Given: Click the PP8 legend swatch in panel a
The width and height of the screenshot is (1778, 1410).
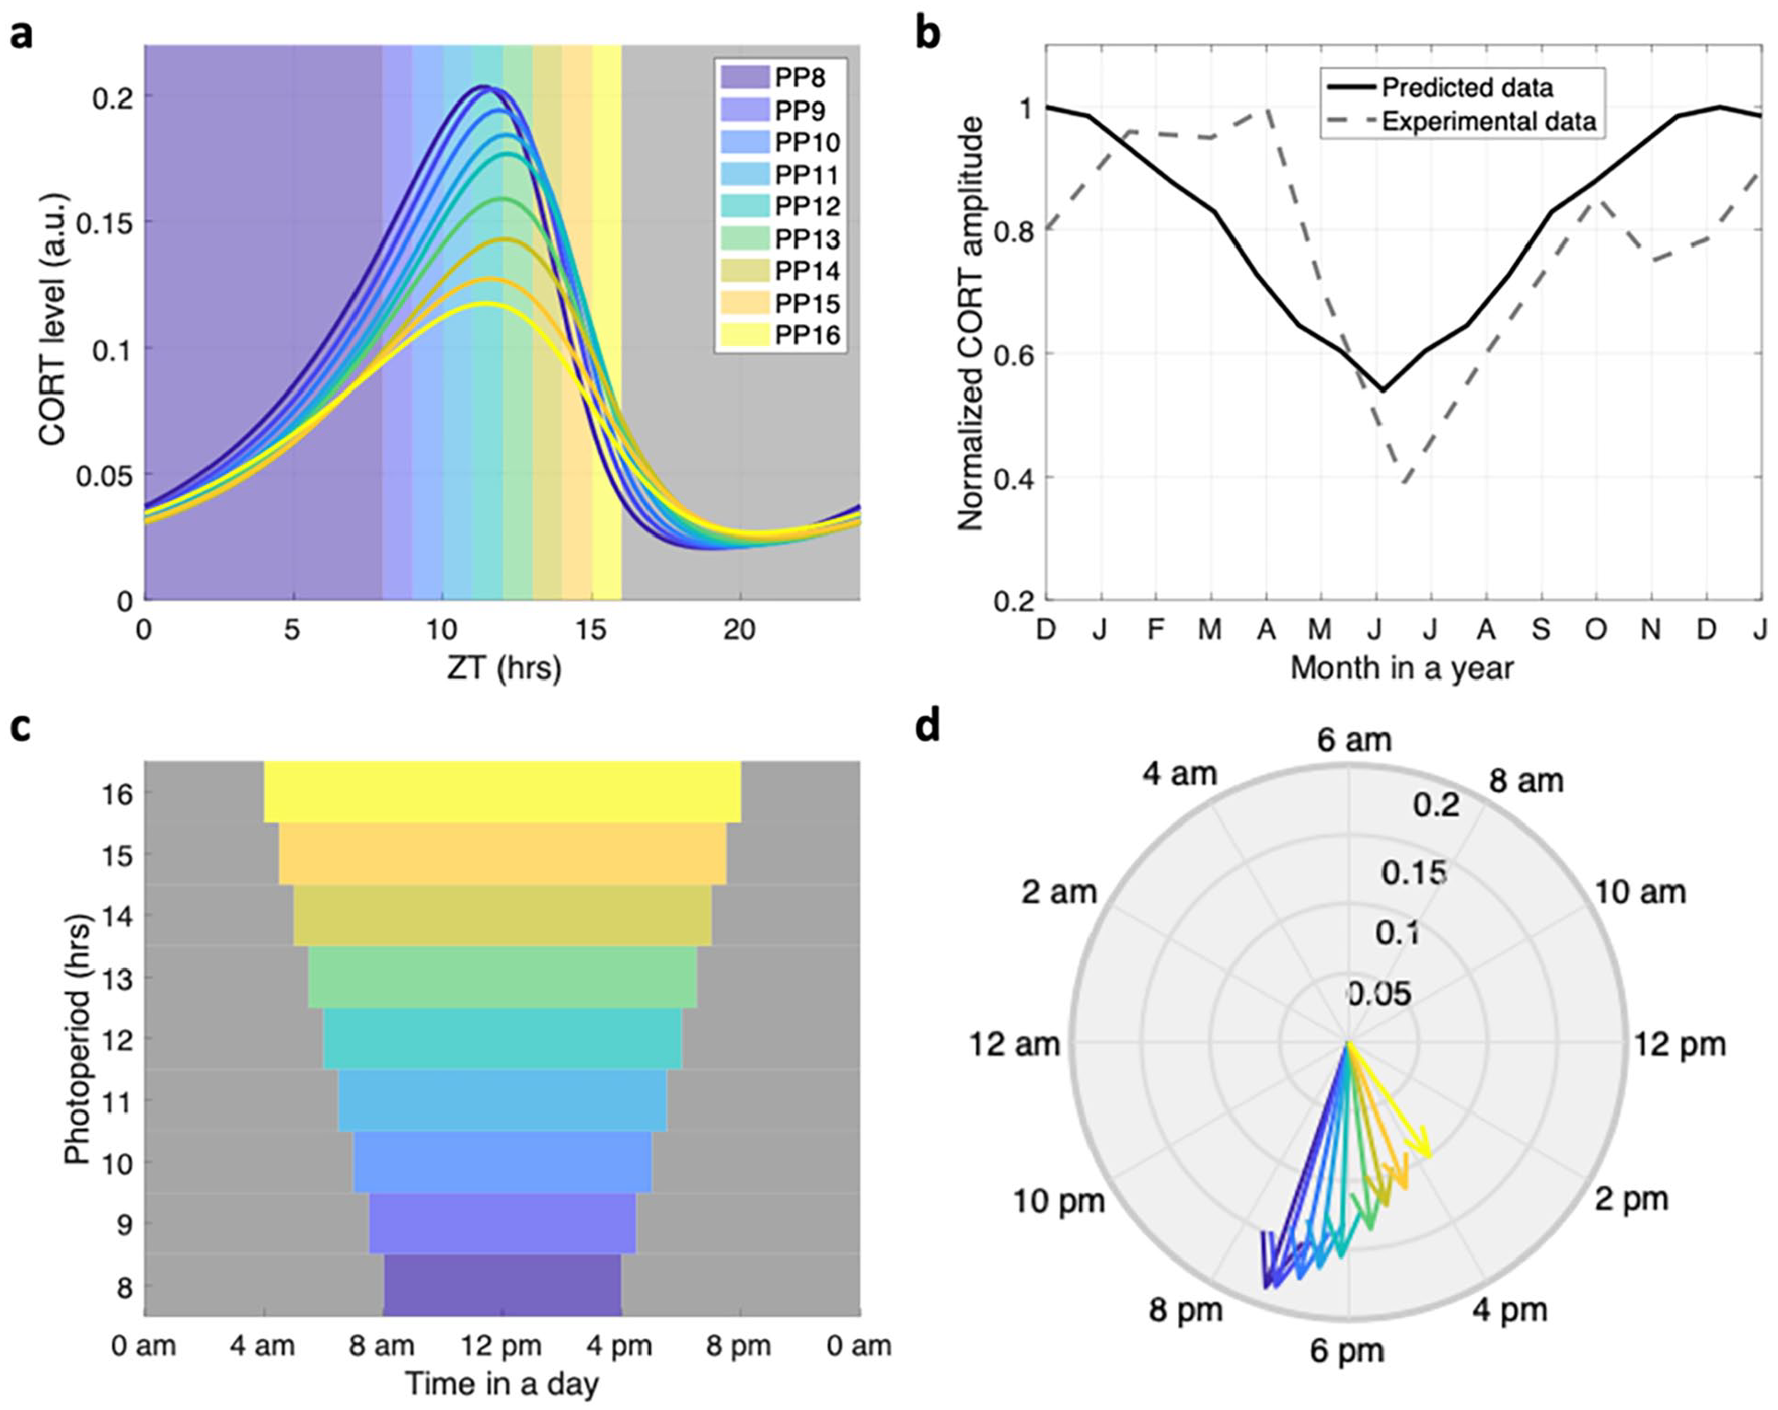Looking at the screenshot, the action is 744,77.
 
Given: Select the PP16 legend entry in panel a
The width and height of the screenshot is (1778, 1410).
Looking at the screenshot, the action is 781,334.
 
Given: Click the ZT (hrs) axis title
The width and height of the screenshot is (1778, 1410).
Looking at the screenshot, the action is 503,667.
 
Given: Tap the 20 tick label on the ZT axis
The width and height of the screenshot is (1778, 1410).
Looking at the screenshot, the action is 738,630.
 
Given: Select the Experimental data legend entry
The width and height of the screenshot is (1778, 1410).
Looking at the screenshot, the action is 1462,121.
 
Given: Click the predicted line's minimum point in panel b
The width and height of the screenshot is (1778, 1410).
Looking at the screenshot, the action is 1381,390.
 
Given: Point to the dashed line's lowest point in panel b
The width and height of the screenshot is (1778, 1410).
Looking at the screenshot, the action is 1405,482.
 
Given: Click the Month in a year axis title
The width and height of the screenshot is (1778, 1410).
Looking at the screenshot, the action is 1402,668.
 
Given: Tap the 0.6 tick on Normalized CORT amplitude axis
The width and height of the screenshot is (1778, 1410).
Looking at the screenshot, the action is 1011,354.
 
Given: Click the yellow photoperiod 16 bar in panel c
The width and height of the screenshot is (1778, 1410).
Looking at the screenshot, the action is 502,792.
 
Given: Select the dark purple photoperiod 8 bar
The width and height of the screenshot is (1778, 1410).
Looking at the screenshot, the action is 502,1285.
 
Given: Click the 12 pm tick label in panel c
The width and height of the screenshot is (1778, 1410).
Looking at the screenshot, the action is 502,1346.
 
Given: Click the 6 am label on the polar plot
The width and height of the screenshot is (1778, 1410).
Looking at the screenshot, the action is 1354,740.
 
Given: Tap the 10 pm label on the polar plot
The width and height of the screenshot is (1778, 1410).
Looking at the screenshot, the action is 1058,1201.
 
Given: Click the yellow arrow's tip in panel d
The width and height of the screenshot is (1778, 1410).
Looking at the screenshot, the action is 1429,1155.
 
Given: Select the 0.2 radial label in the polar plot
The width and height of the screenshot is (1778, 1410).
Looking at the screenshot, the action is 1437,806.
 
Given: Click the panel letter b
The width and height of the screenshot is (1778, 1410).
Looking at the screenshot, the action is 928,33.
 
